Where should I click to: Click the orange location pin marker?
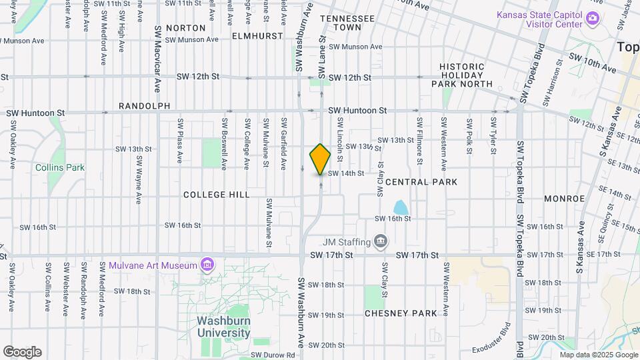(320, 159)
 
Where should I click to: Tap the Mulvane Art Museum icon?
(207, 265)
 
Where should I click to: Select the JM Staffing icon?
(381, 240)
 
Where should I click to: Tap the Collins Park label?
(60, 167)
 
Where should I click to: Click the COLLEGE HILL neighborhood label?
(217, 195)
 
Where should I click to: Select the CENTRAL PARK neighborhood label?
(421, 182)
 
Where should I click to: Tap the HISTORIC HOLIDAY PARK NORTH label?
(466, 75)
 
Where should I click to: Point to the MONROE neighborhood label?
(564, 199)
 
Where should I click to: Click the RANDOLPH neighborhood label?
(144, 106)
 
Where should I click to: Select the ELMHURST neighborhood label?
(258, 36)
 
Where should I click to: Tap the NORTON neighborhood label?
(185, 28)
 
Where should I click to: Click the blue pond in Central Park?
(401, 207)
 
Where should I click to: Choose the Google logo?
(22, 352)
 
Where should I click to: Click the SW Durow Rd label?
(273, 355)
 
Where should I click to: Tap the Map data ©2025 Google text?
(596, 355)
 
